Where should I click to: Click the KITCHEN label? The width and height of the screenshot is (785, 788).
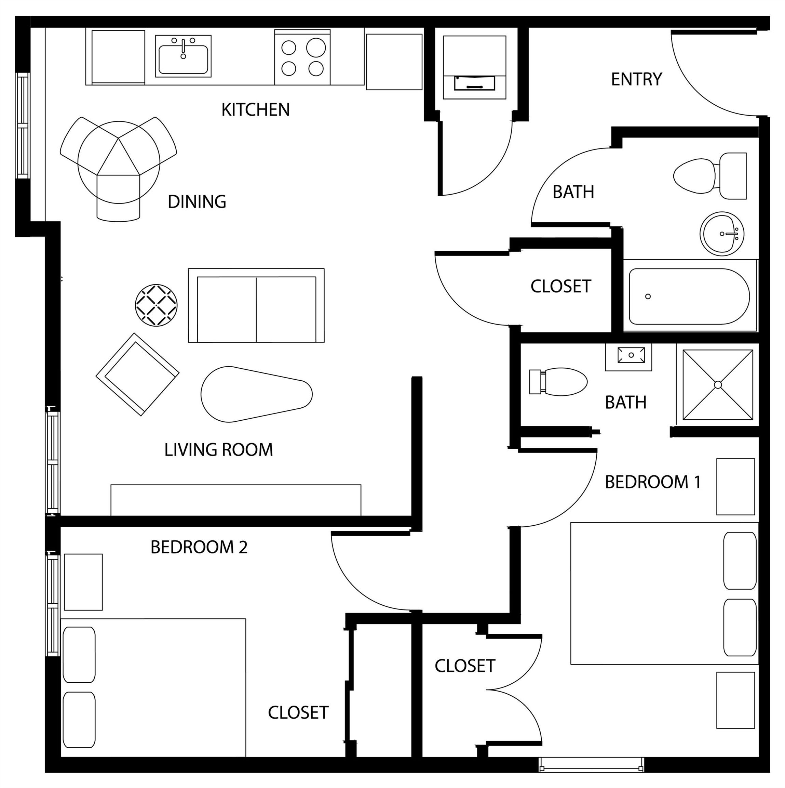coord(255,110)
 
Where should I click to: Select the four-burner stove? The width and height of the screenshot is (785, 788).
coord(302,58)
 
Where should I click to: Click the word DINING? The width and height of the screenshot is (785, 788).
coord(197,202)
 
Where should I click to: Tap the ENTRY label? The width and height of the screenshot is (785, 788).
coord(636,79)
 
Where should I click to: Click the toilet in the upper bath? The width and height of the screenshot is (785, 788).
coord(709,176)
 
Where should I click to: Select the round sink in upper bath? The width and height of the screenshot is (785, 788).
coord(722,234)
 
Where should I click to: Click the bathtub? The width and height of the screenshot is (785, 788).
coord(689,297)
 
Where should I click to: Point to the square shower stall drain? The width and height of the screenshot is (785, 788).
coord(718,385)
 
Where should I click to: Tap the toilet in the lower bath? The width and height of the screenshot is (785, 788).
coord(558,382)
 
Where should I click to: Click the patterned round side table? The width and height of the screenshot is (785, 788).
coord(156,305)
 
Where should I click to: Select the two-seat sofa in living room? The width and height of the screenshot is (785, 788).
coord(256,305)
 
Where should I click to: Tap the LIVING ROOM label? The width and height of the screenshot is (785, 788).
coord(218,450)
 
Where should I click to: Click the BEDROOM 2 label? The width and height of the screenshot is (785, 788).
coord(199,547)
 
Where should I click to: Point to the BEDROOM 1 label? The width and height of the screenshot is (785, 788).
coord(652,482)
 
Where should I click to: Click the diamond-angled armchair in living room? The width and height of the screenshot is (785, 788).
coord(137,375)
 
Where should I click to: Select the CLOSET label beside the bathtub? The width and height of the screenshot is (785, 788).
coord(560,286)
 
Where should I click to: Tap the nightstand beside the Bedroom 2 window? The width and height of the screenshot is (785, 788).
coord(83,582)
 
